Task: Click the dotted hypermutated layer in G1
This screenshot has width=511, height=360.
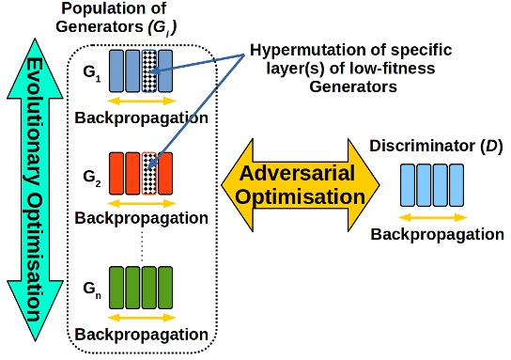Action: [149, 70]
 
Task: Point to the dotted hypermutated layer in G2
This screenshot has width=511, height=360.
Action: [149, 173]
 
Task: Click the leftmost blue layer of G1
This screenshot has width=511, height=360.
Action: [116, 70]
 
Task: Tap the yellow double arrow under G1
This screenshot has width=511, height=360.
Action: [142, 100]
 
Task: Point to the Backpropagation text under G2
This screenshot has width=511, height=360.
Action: [141, 218]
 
